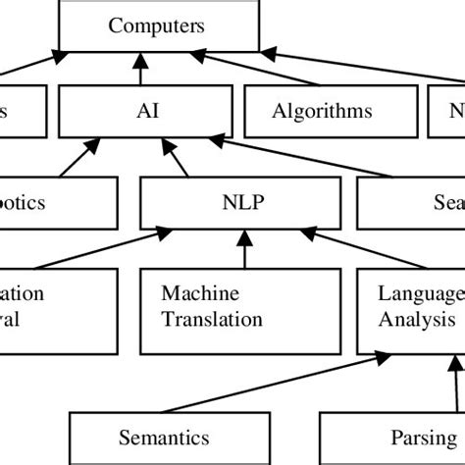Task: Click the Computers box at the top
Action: click(157, 26)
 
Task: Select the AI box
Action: click(143, 111)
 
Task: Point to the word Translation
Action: click(212, 318)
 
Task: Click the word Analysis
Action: click(416, 318)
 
